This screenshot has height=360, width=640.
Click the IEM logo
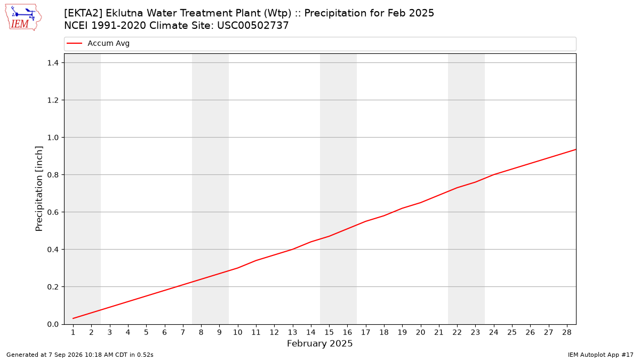point(23,18)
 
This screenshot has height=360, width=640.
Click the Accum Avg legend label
point(109,43)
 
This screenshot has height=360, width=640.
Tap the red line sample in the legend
point(74,43)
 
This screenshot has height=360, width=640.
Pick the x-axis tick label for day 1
point(73,332)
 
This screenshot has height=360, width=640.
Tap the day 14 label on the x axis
point(311,332)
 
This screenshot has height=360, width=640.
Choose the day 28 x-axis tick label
point(567,332)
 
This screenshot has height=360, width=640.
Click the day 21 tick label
point(439,332)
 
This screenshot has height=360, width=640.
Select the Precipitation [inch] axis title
point(39,189)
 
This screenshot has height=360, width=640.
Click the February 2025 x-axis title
point(319,343)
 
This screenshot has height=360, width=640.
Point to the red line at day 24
point(494,174)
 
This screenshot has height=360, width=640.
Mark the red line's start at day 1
point(73,318)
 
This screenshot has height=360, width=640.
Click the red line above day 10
point(238,268)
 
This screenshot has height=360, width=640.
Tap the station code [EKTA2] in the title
point(83,13)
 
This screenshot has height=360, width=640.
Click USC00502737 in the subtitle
point(253,26)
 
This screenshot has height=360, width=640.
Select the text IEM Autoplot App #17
point(601,355)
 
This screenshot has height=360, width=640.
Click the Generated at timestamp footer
point(79,355)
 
